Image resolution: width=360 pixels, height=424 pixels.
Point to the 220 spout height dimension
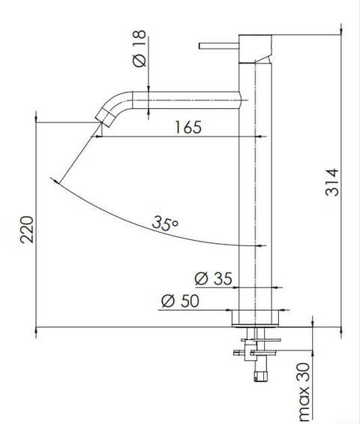click(26, 231)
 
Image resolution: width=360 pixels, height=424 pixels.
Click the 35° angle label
click(164, 223)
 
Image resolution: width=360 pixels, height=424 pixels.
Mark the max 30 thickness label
click(304, 390)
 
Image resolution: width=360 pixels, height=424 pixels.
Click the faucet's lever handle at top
click(218, 47)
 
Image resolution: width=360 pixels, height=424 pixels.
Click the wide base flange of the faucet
click(256, 318)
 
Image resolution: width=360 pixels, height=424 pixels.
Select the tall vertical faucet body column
click(256, 188)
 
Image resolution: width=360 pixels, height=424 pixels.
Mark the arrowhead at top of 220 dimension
click(37, 118)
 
